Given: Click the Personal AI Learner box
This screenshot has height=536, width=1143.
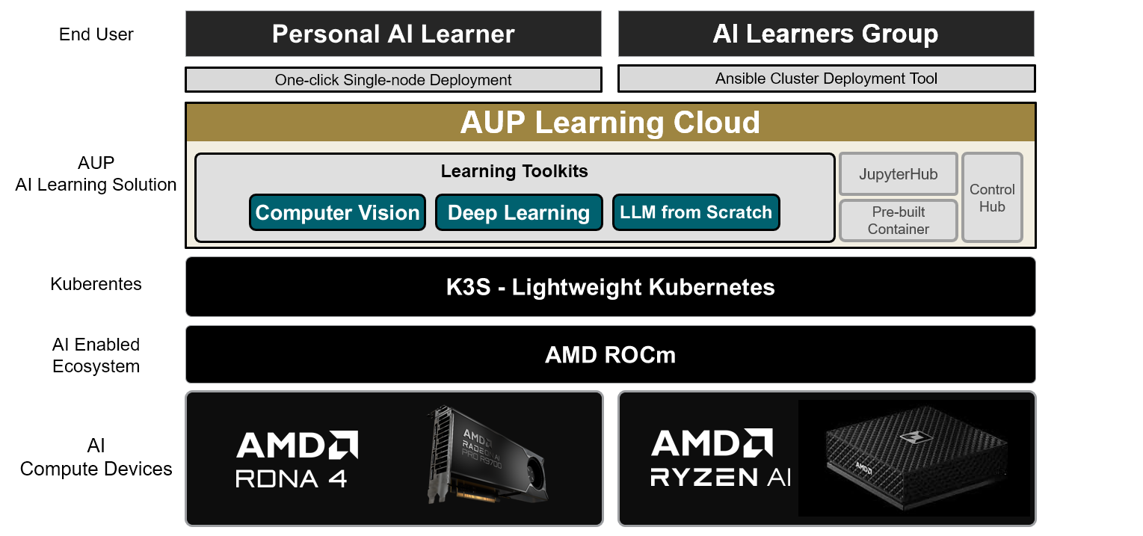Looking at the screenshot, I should tap(393, 34).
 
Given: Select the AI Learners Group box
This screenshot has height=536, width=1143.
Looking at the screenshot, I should tap(825, 34).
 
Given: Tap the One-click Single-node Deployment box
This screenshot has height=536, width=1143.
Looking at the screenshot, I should tap(393, 80).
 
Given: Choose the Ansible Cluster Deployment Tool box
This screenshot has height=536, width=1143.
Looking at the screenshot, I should tap(826, 78).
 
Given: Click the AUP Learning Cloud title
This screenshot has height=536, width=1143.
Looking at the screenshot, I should tap(610, 123).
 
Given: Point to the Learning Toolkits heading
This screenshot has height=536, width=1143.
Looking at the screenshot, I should tap(514, 171).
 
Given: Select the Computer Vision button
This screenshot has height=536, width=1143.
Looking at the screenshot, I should tap(337, 212).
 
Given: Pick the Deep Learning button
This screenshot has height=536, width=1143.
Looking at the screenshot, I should tap(519, 212).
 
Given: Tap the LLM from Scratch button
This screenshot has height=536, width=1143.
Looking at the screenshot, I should tap(696, 212).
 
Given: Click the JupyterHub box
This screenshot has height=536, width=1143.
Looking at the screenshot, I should tap(898, 174).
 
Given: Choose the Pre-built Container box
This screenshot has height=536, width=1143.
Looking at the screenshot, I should tap(898, 221).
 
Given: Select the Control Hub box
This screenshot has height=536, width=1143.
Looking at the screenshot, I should tap(992, 198).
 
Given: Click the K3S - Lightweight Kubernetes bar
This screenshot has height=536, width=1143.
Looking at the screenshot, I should tap(610, 287).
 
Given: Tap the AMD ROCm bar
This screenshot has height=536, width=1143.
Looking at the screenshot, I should tap(610, 354).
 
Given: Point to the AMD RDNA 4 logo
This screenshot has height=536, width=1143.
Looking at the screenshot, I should tap(297, 459).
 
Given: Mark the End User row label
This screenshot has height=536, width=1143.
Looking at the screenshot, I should tap(96, 34).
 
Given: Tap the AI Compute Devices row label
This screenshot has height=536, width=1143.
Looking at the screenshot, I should tap(96, 458).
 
